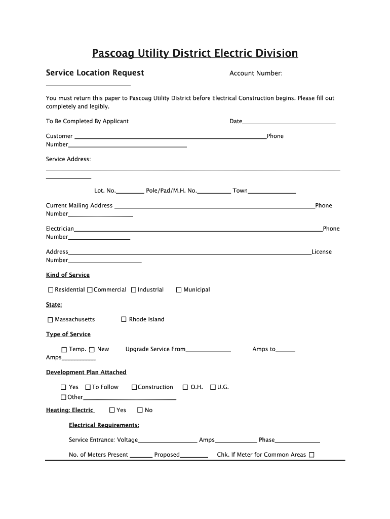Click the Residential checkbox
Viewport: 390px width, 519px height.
(51, 290)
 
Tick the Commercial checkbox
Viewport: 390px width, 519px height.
(90, 290)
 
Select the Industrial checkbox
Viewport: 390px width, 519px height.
(134, 290)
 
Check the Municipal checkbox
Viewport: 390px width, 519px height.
(179, 290)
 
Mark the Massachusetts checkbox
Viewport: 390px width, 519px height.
(50, 320)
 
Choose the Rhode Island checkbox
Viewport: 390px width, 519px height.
(124, 320)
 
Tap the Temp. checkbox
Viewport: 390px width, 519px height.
(64, 350)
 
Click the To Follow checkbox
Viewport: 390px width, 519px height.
(88, 387)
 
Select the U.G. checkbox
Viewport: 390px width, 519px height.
(213, 387)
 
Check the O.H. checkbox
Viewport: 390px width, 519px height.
(185, 387)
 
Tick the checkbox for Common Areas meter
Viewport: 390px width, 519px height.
(311, 455)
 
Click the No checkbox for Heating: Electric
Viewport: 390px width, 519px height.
(140, 411)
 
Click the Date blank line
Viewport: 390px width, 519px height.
(289, 122)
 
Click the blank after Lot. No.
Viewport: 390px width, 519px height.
(130, 192)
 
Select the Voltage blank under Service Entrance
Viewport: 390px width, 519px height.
(168, 441)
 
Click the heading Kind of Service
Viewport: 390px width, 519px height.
(68, 275)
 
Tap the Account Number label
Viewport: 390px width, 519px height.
(256, 73)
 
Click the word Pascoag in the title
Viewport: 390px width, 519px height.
(113, 53)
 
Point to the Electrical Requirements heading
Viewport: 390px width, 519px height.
(104, 425)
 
